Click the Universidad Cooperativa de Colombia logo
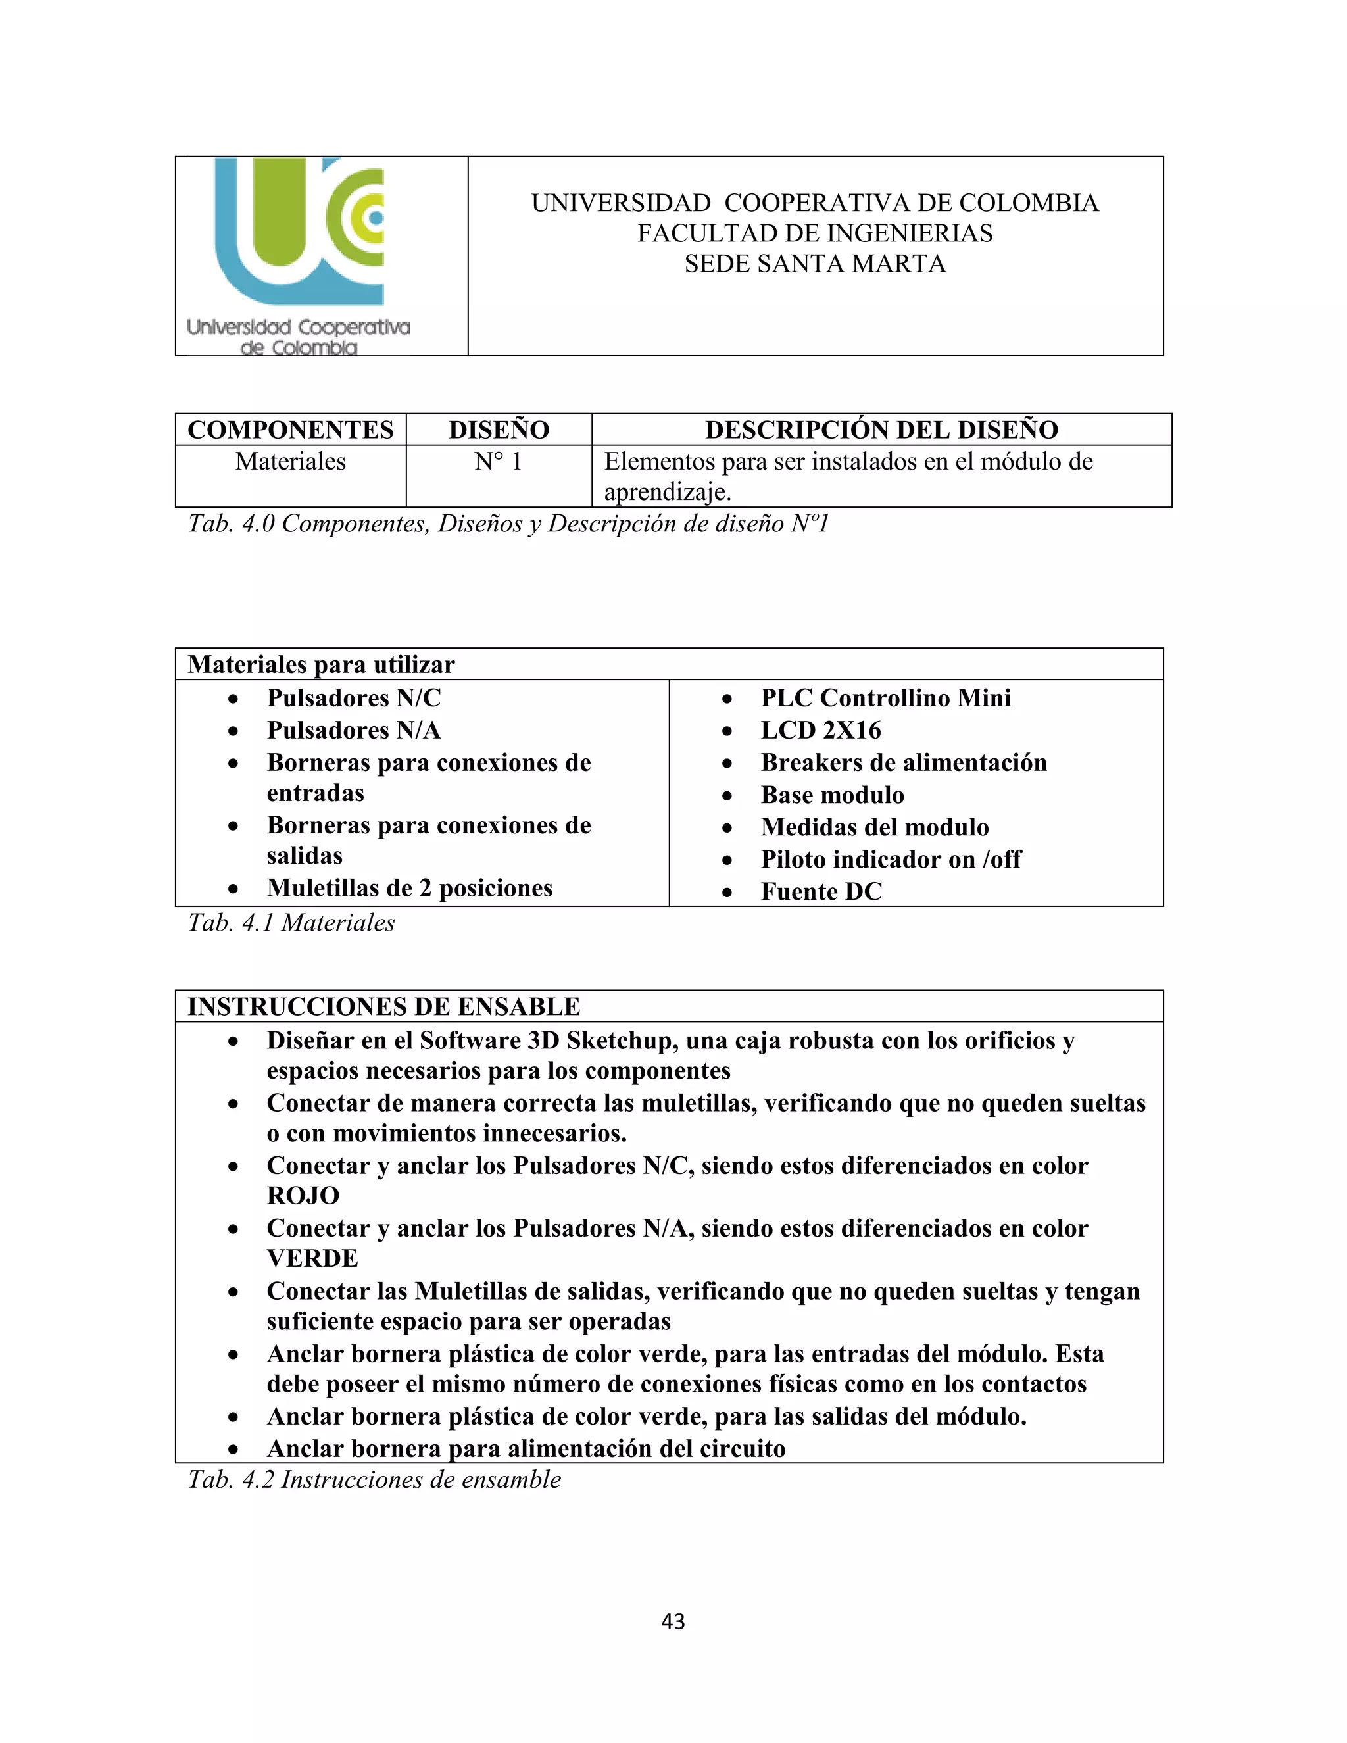pos(299,255)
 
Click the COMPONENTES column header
pos(291,430)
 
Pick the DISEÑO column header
pos(499,430)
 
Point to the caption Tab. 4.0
pos(508,524)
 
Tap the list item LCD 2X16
pos(820,730)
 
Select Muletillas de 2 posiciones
pos(409,887)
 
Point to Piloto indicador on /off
pos(891,859)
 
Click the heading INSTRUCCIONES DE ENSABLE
pos(384,1006)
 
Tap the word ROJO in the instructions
pos(303,1196)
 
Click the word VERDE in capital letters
pos(312,1258)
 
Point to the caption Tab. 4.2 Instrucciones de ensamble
pos(374,1480)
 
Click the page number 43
pos(673,1621)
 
